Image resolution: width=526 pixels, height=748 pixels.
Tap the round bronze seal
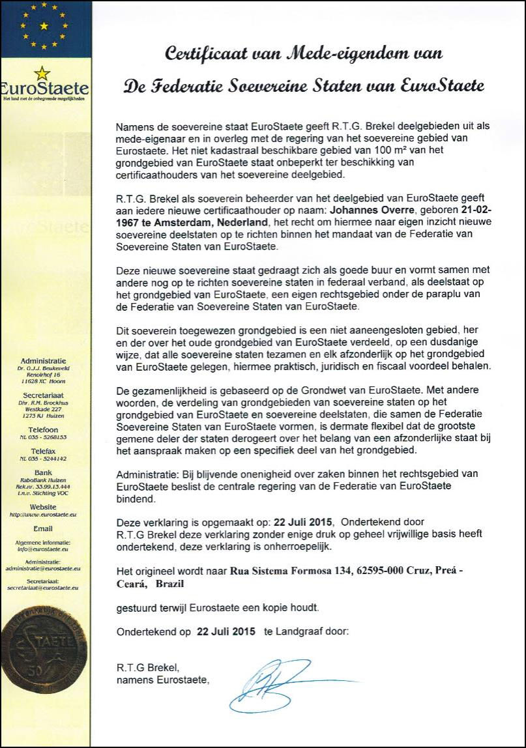(45, 652)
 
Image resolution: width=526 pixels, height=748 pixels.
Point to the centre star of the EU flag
(44, 26)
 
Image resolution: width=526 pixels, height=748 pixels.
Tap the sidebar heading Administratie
(44, 360)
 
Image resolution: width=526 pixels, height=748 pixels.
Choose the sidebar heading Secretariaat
(44, 395)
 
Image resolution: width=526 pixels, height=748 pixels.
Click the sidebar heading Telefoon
(44, 430)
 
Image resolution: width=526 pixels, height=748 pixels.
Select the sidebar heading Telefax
(44, 451)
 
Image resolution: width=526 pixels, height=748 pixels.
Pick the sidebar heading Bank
(44, 472)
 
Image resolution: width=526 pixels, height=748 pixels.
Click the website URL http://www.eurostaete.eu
(44, 515)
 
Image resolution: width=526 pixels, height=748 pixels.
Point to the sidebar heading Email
(44, 528)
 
